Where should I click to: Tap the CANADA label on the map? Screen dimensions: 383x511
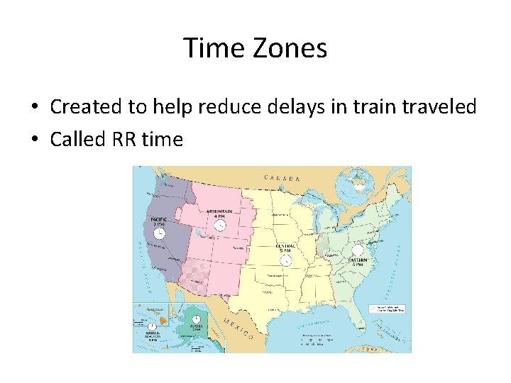tap(282, 178)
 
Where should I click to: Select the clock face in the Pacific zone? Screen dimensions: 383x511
tap(160, 233)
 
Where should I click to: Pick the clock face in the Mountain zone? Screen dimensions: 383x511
tap(221, 226)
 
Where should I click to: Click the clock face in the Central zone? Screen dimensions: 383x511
tap(286, 261)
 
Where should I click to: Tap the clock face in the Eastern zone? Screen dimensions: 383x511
tap(357, 250)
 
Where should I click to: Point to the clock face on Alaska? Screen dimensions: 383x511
tap(195, 320)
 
